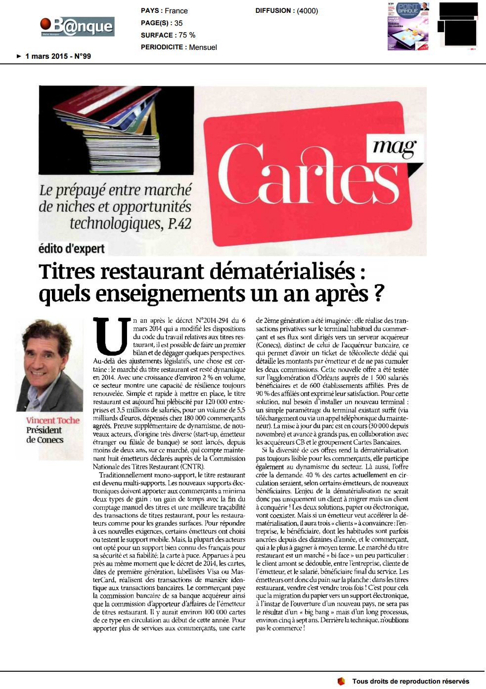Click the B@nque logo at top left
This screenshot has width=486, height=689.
click(x=77, y=27)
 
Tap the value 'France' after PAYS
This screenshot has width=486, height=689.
click(x=176, y=11)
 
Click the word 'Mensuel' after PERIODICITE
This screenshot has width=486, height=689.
click(x=203, y=47)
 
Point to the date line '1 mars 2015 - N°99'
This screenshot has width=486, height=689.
click(x=58, y=56)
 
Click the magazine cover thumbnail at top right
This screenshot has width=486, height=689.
click(x=408, y=27)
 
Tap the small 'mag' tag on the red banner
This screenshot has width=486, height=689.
click(x=394, y=147)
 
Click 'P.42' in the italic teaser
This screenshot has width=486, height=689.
click(x=179, y=224)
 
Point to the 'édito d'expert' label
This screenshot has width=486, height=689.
click(x=71, y=249)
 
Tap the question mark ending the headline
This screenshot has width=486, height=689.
click(x=379, y=294)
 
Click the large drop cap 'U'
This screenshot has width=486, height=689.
click(x=112, y=336)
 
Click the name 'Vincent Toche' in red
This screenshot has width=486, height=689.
click(x=53, y=421)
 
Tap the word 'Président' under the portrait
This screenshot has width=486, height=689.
click(x=44, y=430)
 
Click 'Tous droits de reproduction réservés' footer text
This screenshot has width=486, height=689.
click(x=410, y=681)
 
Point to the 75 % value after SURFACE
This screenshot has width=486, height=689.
click(x=187, y=35)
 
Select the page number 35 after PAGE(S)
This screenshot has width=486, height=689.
click(x=178, y=23)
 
